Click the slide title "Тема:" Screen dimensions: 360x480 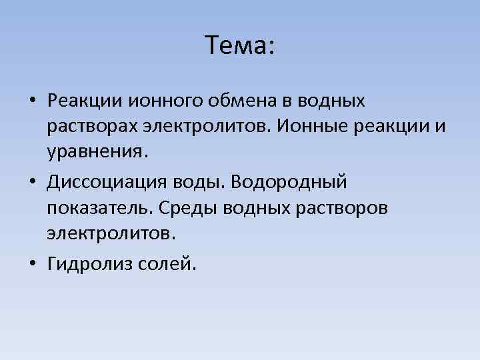point(240,46)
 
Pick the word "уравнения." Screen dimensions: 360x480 point(95,151)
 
